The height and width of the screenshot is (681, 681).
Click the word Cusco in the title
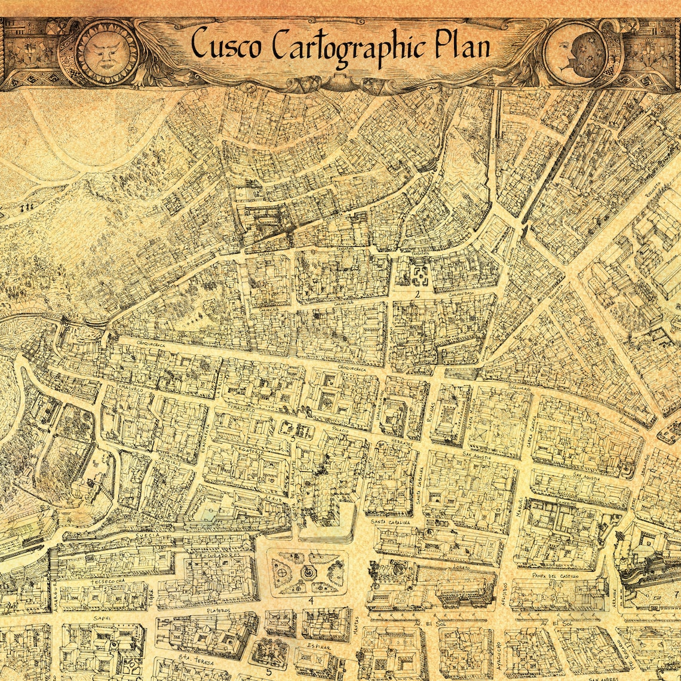pos(225,45)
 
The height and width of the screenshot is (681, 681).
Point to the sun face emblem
pos(108,52)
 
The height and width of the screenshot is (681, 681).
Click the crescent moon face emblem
pos(574,53)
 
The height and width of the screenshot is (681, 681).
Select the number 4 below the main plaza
pos(311,600)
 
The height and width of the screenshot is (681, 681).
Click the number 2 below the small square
pos(418,295)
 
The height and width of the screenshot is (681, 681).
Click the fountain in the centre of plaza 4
pos(308,572)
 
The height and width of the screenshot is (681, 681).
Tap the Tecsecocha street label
pos(108,580)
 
